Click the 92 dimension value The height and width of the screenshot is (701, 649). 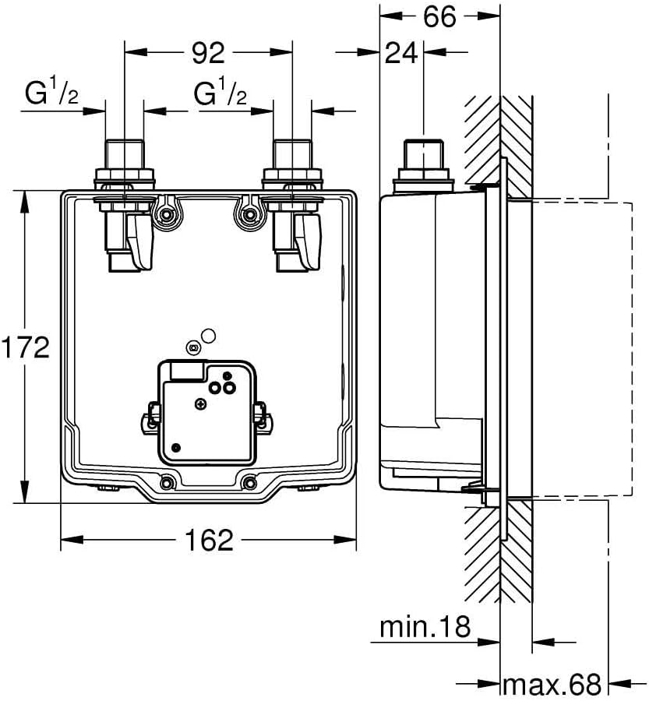[x=208, y=53]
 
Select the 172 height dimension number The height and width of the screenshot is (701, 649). [x=26, y=347]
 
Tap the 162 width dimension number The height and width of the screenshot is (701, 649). [x=209, y=540]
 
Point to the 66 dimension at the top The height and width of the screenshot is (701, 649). [x=439, y=16]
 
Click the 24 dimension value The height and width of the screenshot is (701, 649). [x=401, y=53]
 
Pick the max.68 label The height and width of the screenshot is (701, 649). [x=552, y=684]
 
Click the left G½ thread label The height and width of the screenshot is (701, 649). [x=51, y=92]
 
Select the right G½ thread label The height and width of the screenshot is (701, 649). [x=220, y=92]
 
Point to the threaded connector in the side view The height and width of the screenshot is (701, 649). [x=424, y=165]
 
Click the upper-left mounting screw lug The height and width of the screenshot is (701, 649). [x=167, y=214]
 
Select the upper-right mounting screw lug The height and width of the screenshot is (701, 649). [x=248, y=214]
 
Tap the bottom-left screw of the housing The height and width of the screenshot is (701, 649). [x=168, y=482]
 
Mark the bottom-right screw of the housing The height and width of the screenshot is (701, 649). [x=249, y=482]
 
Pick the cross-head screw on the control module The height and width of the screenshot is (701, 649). [x=201, y=404]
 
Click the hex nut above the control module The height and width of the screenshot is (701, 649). [x=194, y=347]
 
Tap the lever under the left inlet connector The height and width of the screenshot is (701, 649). [x=139, y=241]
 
